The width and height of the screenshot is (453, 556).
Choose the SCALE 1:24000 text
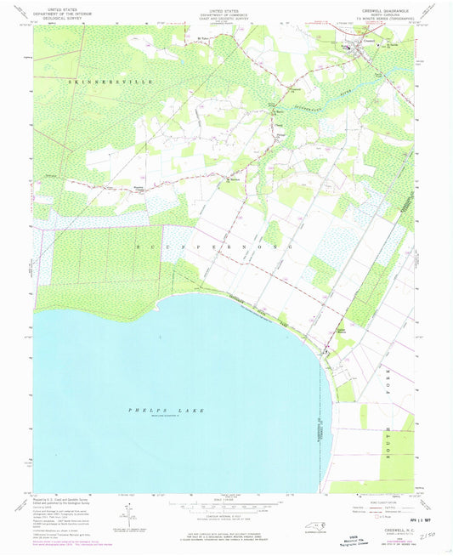[225, 500]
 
